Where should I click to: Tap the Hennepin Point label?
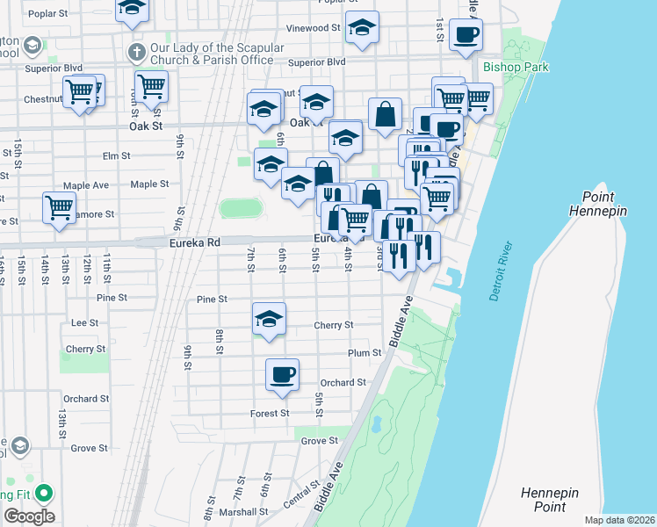pyautogui.click(x=549, y=500)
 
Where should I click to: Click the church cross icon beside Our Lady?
pyautogui.click(x=135, y=52)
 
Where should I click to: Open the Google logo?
pyautogui.click(x=29, y=516)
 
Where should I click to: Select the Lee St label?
pyautogui.click(x=84, y=322)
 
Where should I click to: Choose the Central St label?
pyautogui.click(x=297, y=496)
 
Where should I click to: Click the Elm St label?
pyautogui.click(x=116, y=155)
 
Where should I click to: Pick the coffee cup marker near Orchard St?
pyautogui.click(x=282, y=375)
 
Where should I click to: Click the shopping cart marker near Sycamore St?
pyautogui.click(x=59, y=209)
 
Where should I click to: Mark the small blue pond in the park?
pyautogui.click(x=377, y=425)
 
